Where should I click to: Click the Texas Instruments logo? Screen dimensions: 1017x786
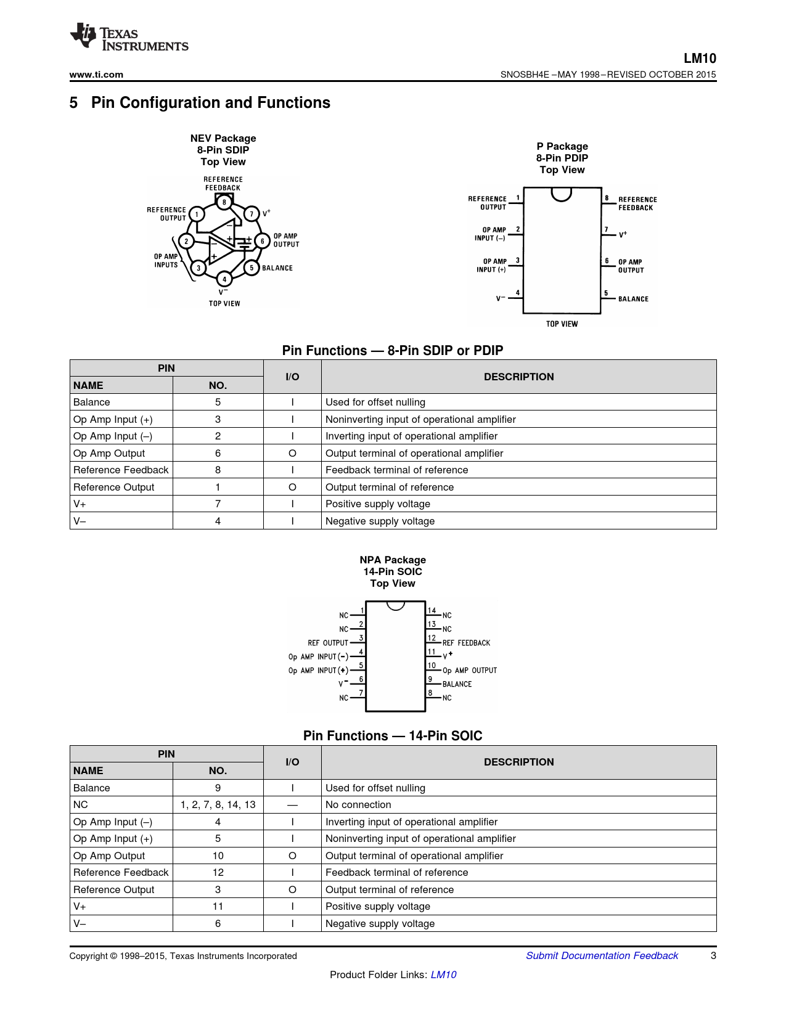tap(129, 38)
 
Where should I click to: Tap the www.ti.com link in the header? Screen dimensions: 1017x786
tap(96, 75)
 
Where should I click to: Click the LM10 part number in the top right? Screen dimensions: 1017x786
tap(700, 59)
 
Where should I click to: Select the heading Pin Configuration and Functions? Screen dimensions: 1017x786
tap(210, 103)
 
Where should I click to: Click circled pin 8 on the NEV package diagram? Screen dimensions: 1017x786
tap(224, 202)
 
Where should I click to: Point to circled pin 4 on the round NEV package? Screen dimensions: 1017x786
tap(224, 279)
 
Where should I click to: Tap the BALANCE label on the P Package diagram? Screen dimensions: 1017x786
tap(633, 299)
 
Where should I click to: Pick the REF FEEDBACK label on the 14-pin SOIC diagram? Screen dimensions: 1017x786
tap(466, 643)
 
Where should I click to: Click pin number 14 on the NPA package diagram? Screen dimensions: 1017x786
tap(432, 610)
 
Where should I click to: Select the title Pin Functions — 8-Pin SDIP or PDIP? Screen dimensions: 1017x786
tap(393, 351)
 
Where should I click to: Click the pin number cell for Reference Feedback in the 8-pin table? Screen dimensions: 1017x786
tap(218, 470)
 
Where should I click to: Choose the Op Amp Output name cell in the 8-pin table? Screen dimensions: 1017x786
tap(109, 453)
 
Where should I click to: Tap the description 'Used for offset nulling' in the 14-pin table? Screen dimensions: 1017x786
tap(375, 788)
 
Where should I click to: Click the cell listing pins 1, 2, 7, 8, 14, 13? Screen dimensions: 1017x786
tap(218, 804)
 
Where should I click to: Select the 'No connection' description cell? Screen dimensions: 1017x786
tap(358, 804)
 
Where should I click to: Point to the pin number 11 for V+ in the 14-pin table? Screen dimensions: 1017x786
tap(218, 906)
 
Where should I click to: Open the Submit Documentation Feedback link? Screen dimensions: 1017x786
tap(602, 955)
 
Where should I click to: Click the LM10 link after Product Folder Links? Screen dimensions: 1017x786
tap(443, 974)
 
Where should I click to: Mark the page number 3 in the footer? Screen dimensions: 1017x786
tap(713, 955)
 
